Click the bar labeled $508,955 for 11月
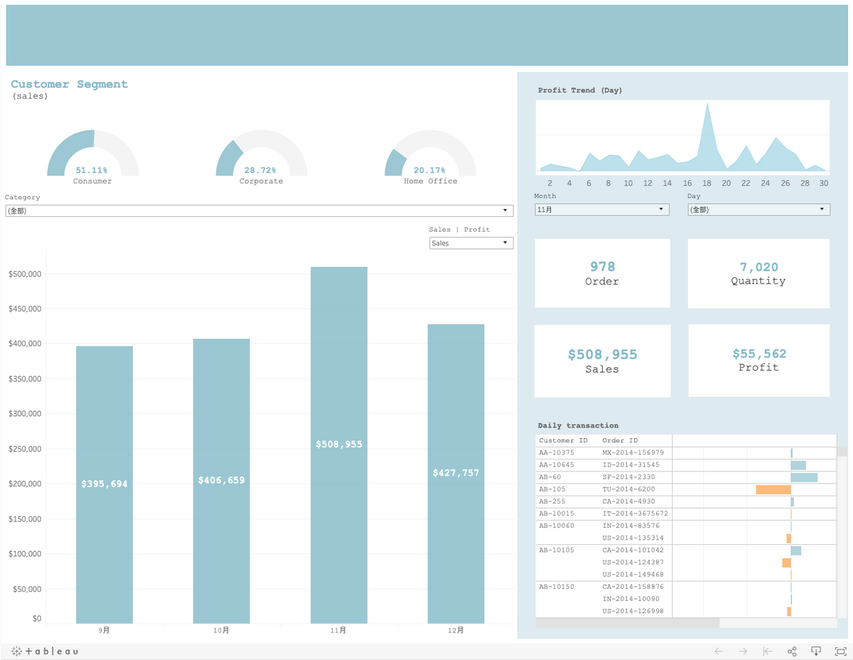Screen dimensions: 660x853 coord(339,445)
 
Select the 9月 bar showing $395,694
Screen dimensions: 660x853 coord(104,484)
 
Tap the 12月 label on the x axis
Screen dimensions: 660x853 coord(456,630)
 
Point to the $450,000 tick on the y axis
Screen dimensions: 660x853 coord(25,309)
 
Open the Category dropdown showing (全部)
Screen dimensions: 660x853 coord(259,211)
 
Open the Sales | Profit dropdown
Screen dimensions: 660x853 coord(471,243)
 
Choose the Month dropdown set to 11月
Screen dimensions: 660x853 coord(602,210)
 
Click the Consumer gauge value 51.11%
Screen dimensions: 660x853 coord(92,171)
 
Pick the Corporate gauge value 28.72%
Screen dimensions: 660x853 coord(260,171)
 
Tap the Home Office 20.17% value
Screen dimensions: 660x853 coord(429,171)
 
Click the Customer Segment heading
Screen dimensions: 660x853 coord(70,84)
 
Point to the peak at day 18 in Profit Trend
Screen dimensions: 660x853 coord(707,105)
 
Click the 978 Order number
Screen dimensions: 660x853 coord(602,267)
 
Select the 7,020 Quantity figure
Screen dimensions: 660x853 coord(758,267)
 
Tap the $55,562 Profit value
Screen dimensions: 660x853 coord(758,353)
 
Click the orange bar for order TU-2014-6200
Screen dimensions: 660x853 coord(773,489)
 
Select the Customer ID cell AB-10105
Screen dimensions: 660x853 coord(557,550)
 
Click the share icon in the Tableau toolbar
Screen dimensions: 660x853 coord(792,651)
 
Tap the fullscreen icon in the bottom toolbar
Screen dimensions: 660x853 coord(840,651)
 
